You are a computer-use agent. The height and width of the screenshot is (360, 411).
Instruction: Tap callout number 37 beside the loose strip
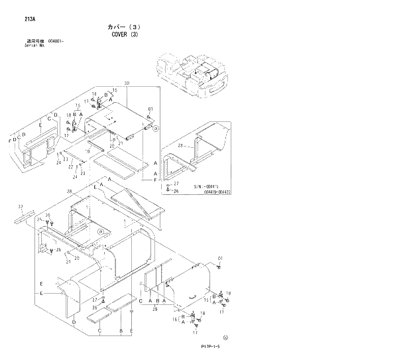[x=21, y=206]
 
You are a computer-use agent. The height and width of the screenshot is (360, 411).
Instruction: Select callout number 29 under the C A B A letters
[x=155, y=309]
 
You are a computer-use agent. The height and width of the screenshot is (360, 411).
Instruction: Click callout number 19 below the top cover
[x=87, y=152]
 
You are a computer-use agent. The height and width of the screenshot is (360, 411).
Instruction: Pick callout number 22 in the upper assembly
[x=70, y=167]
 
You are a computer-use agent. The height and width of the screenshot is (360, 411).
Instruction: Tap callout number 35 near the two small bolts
[x=47, y=216]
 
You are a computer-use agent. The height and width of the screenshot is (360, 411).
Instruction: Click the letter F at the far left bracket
[x=10, y=141]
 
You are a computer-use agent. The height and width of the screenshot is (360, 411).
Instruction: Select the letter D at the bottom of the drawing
[x=74, y=322]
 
